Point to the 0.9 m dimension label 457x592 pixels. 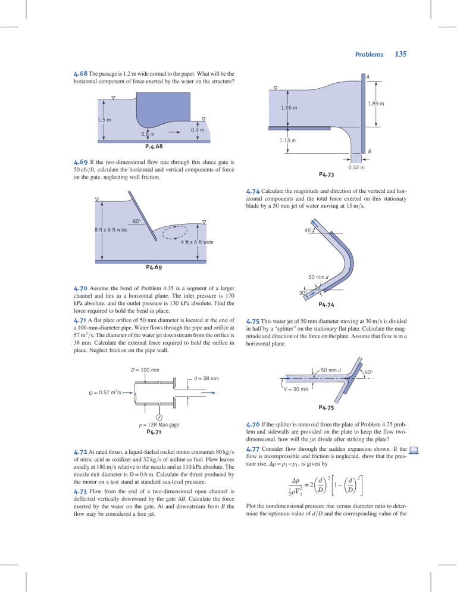(198, 130)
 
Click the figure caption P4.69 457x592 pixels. (154, 267)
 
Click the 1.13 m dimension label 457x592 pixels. (289, 140)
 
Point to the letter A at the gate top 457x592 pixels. (367, 77)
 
